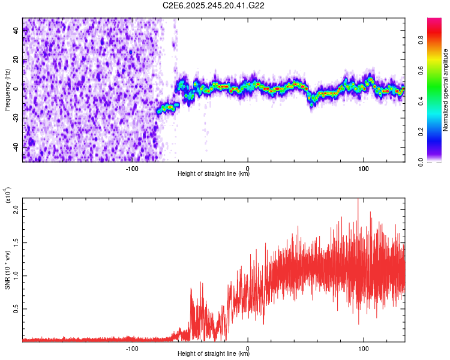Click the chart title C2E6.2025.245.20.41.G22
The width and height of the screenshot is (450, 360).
pos(214,5)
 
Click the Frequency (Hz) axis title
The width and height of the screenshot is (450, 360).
pos(7,91)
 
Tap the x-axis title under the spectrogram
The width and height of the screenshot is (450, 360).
pos(214,174)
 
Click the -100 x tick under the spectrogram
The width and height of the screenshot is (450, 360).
pos(132,167)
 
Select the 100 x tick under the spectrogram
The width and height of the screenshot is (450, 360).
pos(363,167)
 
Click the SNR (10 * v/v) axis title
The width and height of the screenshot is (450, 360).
pos(7,270)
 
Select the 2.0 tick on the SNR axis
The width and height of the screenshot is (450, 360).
pos(16,209)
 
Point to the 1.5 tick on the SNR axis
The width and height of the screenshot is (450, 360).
pos(16,242)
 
